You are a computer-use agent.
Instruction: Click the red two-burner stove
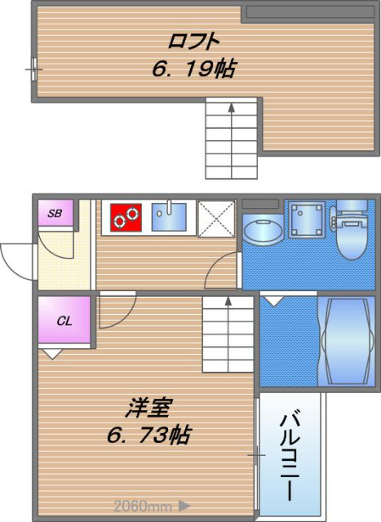(126, 218)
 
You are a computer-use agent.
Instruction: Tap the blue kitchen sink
(169, 217)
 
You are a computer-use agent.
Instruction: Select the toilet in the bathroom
(352, 230)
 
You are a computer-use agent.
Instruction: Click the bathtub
(347, 341)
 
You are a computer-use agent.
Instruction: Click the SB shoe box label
(55, 213)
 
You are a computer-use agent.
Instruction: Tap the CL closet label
(64, 321)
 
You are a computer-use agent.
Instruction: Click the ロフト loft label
(194, 42)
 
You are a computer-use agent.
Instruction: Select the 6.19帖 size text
(194, 69)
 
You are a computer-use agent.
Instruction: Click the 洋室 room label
(148, 408)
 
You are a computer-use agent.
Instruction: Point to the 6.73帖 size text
(148, 435)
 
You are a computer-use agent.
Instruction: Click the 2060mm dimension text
(143, 507)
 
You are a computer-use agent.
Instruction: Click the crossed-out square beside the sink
(216, 219)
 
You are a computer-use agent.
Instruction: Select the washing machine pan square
(307, 219)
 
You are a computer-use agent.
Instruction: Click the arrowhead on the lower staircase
(228, 301)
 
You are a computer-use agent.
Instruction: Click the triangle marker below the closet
(52, 354)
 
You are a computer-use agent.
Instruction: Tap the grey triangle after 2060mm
(184, 506)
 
